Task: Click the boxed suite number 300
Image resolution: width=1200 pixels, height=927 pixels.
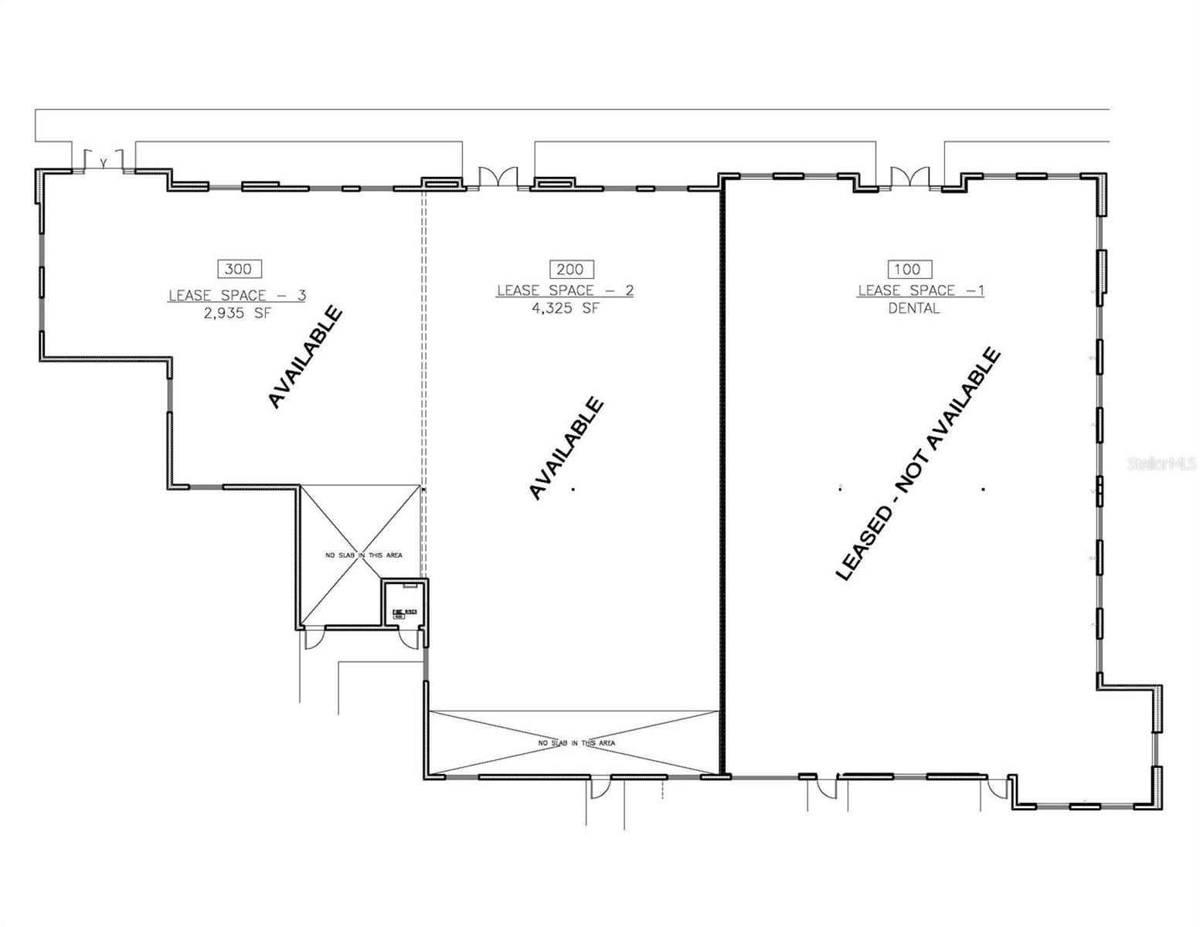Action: [240, 269]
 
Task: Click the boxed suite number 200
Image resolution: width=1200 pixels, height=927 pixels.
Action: [571, 269]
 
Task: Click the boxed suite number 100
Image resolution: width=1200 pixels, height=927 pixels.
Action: [909, 269]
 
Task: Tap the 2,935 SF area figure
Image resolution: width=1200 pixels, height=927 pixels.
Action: [238, 314]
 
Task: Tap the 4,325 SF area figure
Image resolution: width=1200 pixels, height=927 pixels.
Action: [566, 308]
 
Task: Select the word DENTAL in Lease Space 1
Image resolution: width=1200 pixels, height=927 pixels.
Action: [913, 308]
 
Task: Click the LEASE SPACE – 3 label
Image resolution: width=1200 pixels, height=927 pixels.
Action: [238, 295]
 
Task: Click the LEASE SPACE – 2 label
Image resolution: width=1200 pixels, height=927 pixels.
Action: [565, 290]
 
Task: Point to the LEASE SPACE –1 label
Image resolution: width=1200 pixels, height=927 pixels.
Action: [920, 290]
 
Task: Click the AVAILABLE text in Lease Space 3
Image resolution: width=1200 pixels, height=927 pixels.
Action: [304, 357]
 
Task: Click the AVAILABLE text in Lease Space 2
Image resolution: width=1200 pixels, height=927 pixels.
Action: [566, 448]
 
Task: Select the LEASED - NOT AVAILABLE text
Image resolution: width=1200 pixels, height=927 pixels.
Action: [919, 464]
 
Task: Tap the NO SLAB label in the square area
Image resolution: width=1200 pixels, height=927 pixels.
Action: [362, 555]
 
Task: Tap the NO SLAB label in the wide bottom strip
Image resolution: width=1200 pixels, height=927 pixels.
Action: [576, 743]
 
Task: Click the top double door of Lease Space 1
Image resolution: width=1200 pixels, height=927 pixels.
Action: [909, 177]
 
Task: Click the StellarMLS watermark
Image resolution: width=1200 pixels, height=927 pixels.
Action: [1161, 463]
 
